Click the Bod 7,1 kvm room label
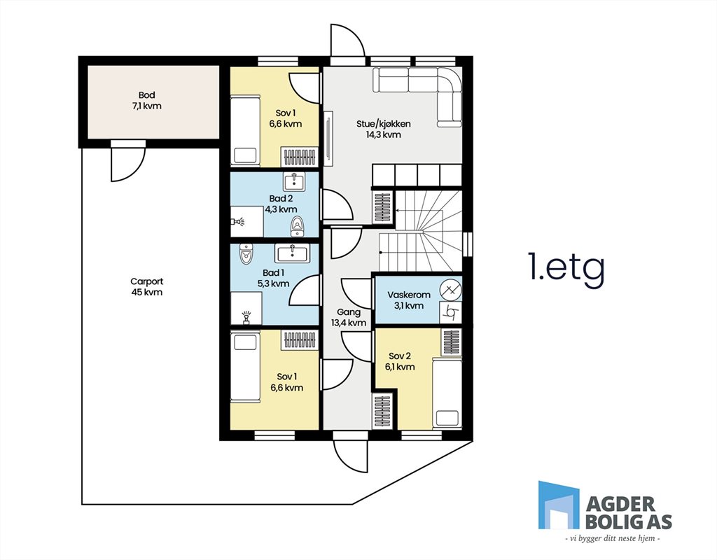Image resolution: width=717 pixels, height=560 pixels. [147, 101]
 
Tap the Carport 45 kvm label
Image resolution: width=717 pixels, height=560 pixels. [147, 286]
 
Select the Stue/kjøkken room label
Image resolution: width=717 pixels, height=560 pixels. [384, 124]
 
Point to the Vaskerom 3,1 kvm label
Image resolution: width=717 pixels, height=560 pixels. [409, 300]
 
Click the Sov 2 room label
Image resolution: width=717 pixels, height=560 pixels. [400, 356]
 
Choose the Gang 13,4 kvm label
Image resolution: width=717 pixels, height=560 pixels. [349, 317]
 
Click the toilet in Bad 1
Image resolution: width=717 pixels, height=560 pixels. [246, 254]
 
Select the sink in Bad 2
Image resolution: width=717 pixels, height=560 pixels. [295, 181]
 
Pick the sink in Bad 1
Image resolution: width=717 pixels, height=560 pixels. [292, 253]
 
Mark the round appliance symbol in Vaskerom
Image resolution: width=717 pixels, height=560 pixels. [451, 290]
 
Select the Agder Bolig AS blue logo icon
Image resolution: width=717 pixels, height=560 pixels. [558, 505]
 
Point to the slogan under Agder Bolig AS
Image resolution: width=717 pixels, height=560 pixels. [613, 539]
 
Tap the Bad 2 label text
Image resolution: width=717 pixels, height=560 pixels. [281, 198]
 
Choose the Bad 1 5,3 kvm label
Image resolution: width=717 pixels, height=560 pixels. [274, 278]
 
